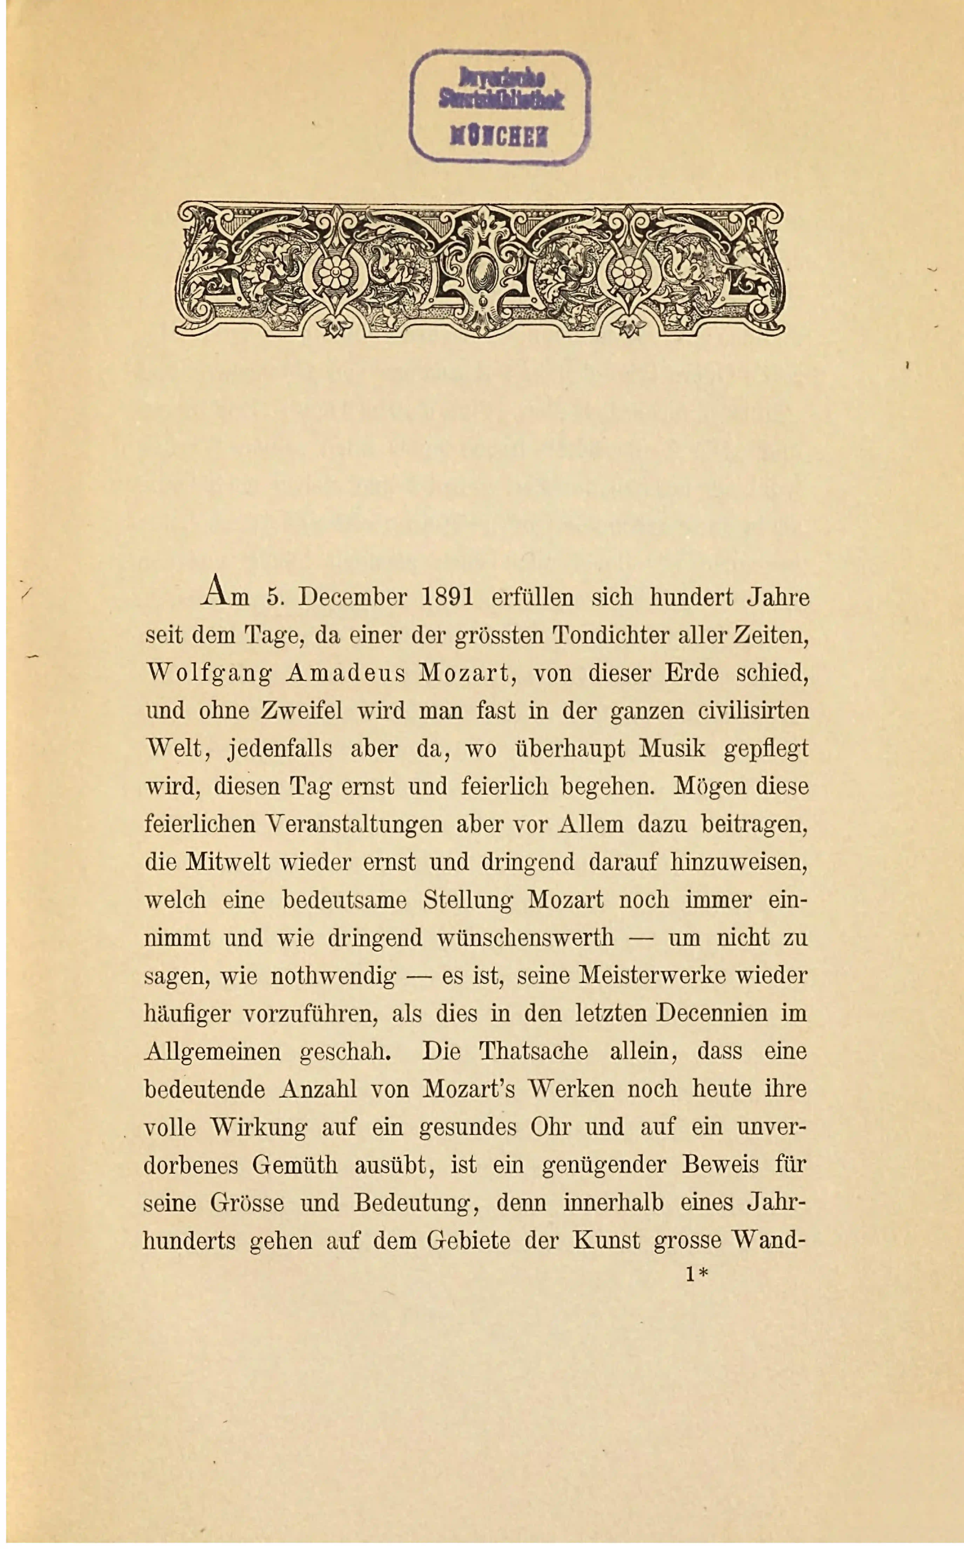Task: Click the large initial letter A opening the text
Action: [x=214, y=590]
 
